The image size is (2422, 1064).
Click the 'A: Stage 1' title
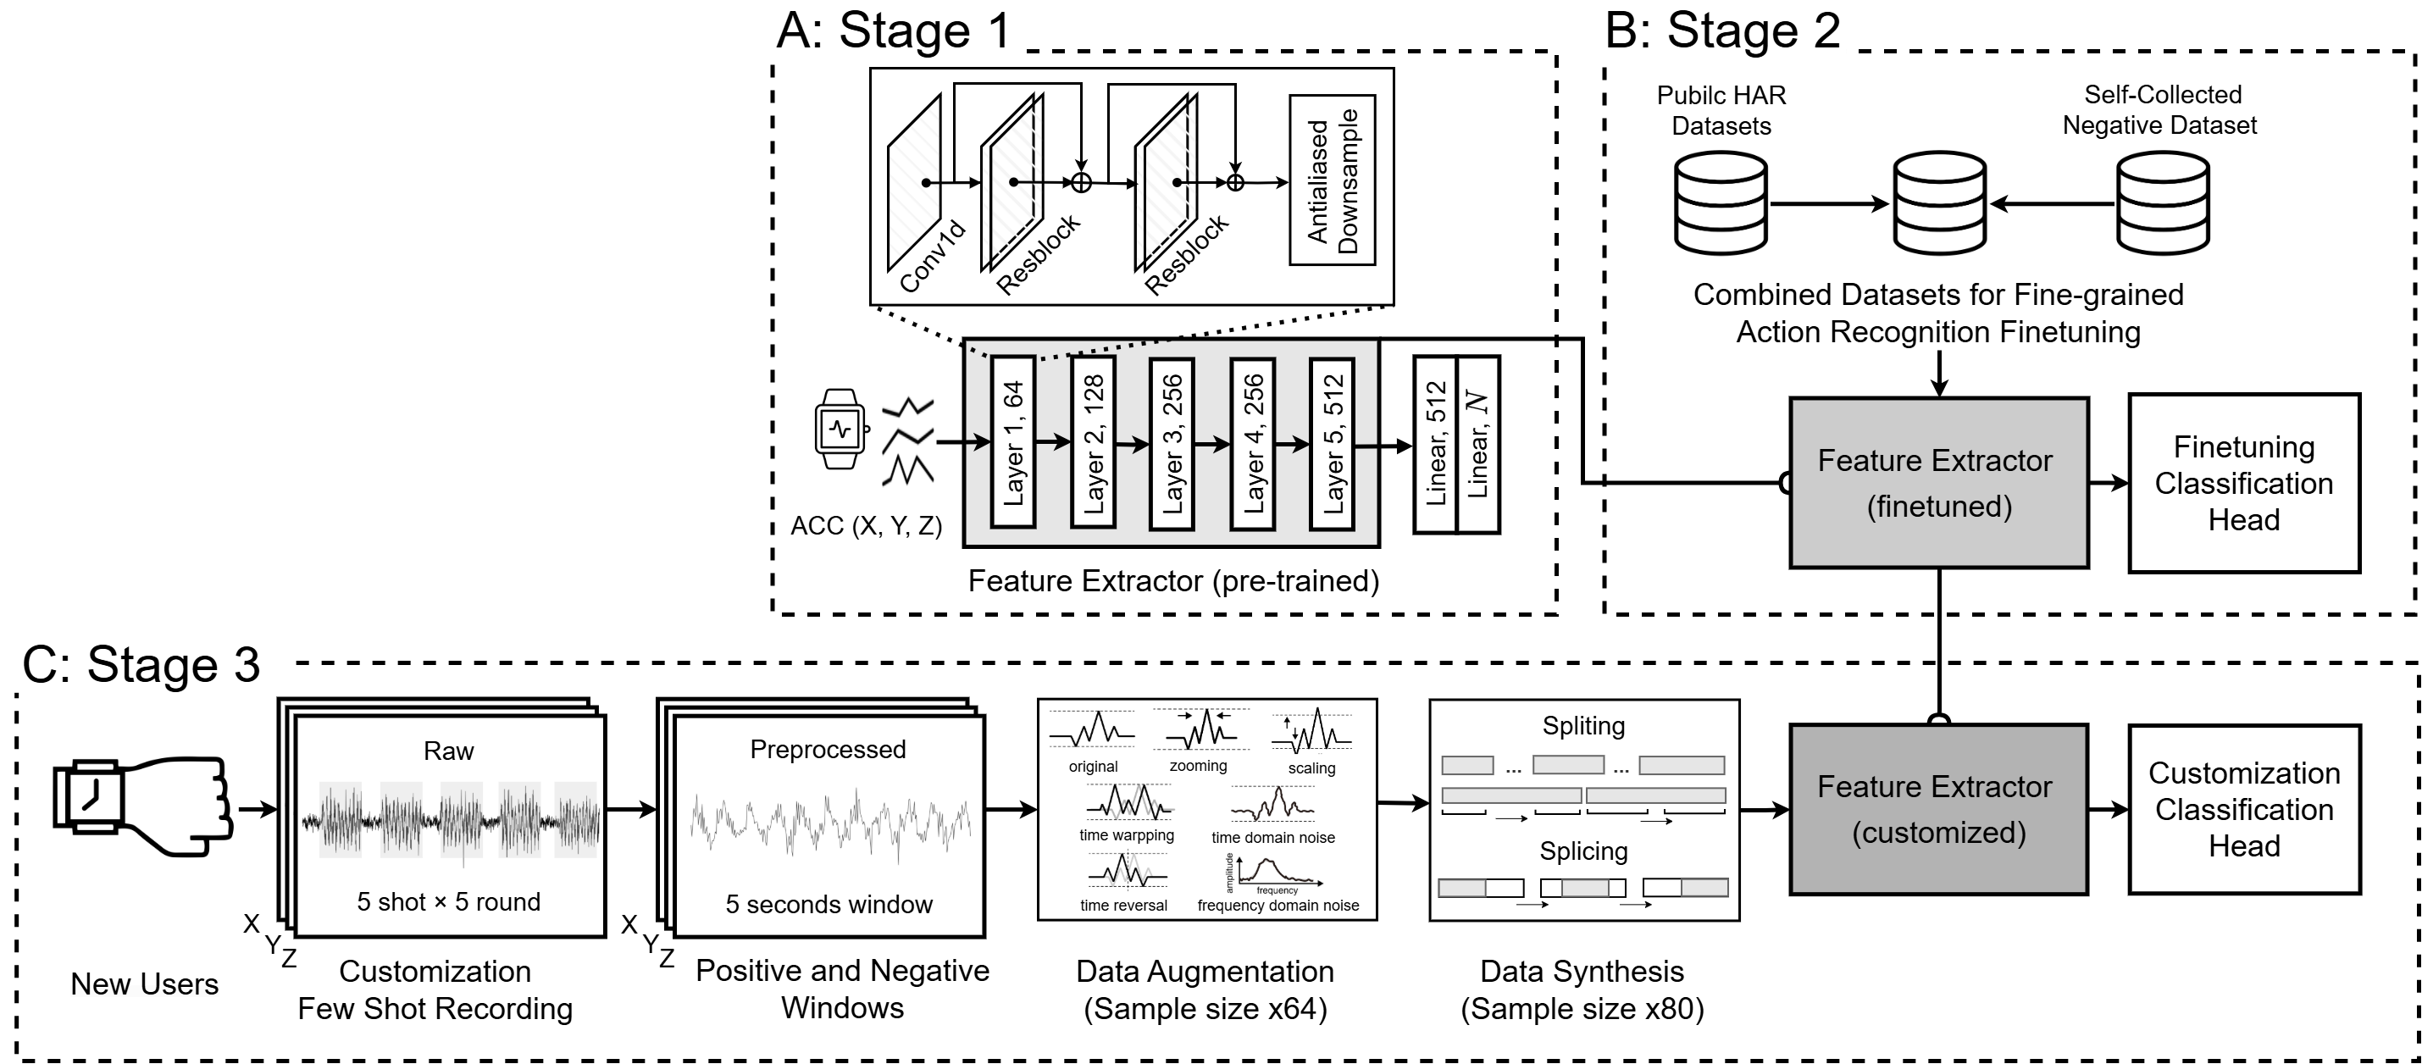coord(894,30)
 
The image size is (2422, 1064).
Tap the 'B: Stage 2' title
coord(1722,30)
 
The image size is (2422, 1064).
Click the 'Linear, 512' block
coord(1436,445)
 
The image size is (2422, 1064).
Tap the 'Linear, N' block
coord(1477,445)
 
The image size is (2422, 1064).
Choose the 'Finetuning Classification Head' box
coord(2243,483)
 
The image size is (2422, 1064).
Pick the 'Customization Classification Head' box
coord(2243,809)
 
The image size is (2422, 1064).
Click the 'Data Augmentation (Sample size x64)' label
coord(1205,989)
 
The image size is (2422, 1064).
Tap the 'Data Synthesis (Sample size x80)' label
coord(1582,989)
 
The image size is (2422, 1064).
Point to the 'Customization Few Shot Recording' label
coord(435,989)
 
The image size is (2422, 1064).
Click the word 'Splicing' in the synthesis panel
coord(1583,851)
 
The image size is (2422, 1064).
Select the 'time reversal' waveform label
coord(1123,905)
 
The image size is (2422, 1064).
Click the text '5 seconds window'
coord(829,904)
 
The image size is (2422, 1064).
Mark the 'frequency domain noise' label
coord(1278,905)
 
